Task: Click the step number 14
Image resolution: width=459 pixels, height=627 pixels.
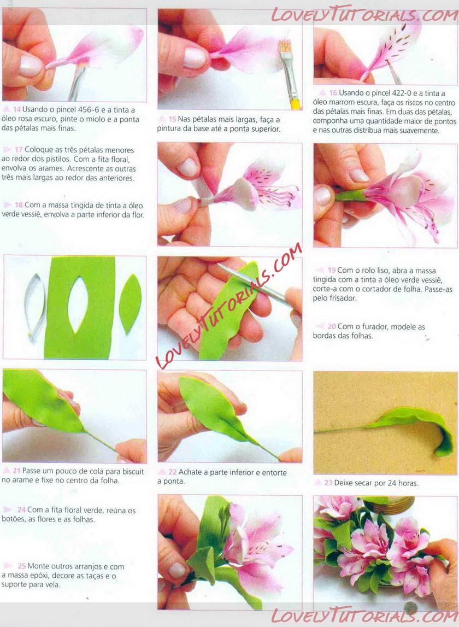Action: point(17,109)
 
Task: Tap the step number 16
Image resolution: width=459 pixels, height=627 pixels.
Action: point(333,93)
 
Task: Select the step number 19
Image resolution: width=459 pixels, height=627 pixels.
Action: point(332,270)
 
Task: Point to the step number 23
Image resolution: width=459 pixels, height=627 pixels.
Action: point(328,483)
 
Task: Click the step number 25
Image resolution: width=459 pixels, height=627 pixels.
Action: point(22,566)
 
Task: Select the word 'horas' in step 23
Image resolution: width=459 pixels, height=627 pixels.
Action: point(408,483)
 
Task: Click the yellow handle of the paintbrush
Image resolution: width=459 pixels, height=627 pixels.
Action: point(296,104)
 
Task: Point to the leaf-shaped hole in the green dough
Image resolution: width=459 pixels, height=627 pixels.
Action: point(78,305)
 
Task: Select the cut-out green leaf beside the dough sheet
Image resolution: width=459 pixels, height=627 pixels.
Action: point(131,304)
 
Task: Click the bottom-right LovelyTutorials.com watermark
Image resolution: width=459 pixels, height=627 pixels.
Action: point(364,616)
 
